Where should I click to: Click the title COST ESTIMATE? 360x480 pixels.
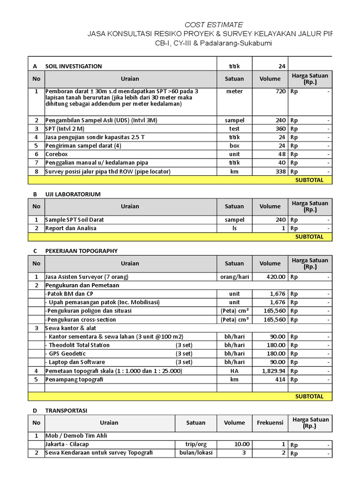point(214,24)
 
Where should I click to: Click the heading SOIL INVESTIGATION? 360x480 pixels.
point(74,66)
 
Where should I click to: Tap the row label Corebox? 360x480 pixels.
point(57,154)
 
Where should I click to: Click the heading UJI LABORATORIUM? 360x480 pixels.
point(73,194)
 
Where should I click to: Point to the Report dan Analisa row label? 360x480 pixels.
point(71,228)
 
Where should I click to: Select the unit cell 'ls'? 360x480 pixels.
point(234,228)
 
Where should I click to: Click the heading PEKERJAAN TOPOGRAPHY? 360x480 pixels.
point(81,251)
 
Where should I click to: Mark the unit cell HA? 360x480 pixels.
point(234,371)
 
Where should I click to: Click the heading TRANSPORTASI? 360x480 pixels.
point(66,410)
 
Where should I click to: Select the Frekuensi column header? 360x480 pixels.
point(270,422)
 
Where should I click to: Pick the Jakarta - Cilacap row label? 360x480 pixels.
point(67,444)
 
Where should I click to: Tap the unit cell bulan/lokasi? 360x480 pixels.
point(196,453)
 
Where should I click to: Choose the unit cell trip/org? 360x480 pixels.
point(196,444)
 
